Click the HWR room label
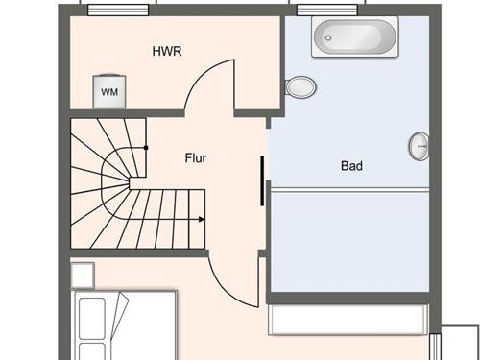pyautogui.click(x=167, y=51)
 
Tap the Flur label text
pyautogui.click(x=196, y=158)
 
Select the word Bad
pyautogui.click(x=351, y=166)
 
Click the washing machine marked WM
pyautogui.click(x=109, y=91)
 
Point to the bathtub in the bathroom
pyautogui.click(x=355, y=36)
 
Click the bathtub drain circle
pyautogui.click(x=328, y=38)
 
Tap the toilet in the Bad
pyautogui.click(x=300, y=86)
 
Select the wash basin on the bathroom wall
pyautogui.click(x=419, y=146)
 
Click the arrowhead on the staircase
pyautogui.click(x=202, y=219)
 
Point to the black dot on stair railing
pyautogui.click(x=146, y=148)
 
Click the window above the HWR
pyautogui.click(x=118, y=10)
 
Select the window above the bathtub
pyautogui.click(x=327, y=10)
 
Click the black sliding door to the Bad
pyautogui.click(x=262, y=180)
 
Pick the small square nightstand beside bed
pyautogui.click(x=83, y=276)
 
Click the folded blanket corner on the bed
pyautogui.click(x=119, y=315)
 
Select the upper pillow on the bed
pyautogui.click(x=92, y=319)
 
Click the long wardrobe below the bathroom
pyautogui.click(x=348, y=320)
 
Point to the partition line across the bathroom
pyautogui.click(x=350, y=190)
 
